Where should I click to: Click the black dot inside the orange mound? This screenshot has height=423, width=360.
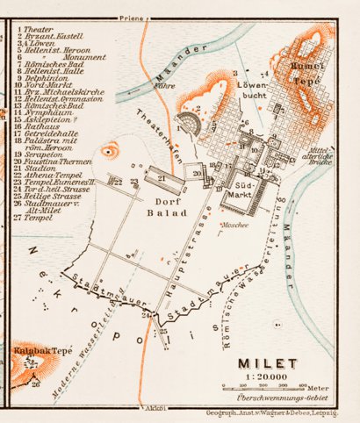109,151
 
